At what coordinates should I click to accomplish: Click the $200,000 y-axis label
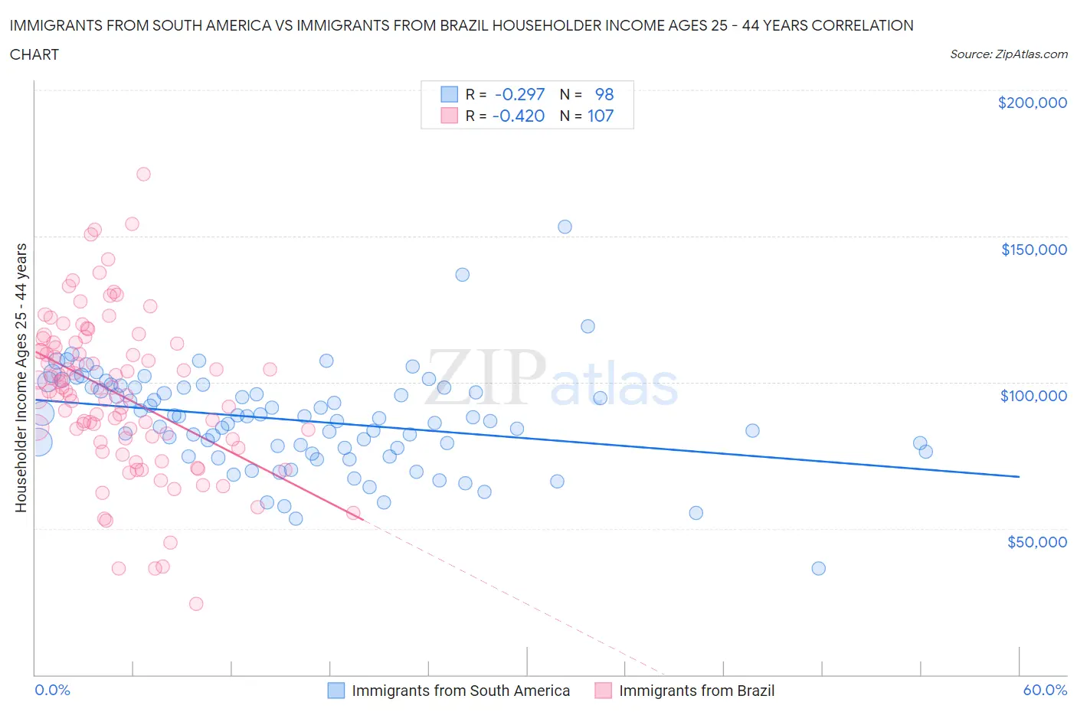tap(1032, 103)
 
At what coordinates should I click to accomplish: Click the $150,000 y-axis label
tap(1033, 250)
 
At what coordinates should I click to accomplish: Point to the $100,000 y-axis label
tap(1033, 396)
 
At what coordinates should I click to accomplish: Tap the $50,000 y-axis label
tap(1036, 542)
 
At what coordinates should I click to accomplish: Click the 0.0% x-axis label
tap(52, 690)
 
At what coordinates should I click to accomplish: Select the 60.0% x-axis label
tap(1045, 690)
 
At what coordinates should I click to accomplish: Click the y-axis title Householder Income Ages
tap(21, 377)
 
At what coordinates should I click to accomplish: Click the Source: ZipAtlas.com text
tap(1008, 54)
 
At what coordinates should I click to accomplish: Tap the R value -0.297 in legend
tap(519, 94)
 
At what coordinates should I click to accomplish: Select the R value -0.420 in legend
tap(519, 116)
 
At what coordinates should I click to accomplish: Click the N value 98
tap(604, 94)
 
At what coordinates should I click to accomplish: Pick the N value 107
tap(600, 116)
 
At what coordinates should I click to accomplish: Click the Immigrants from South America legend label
tap(460, 691)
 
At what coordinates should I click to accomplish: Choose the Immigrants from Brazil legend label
tap(696, 691)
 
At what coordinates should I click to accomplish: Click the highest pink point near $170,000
tap(143, 174)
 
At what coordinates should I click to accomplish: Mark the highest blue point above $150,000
tap(565, 227)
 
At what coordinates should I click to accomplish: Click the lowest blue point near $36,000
tap(818, 568)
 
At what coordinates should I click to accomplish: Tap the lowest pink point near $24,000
tap(196, 604)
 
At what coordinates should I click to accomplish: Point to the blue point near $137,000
tap(462, 275)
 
